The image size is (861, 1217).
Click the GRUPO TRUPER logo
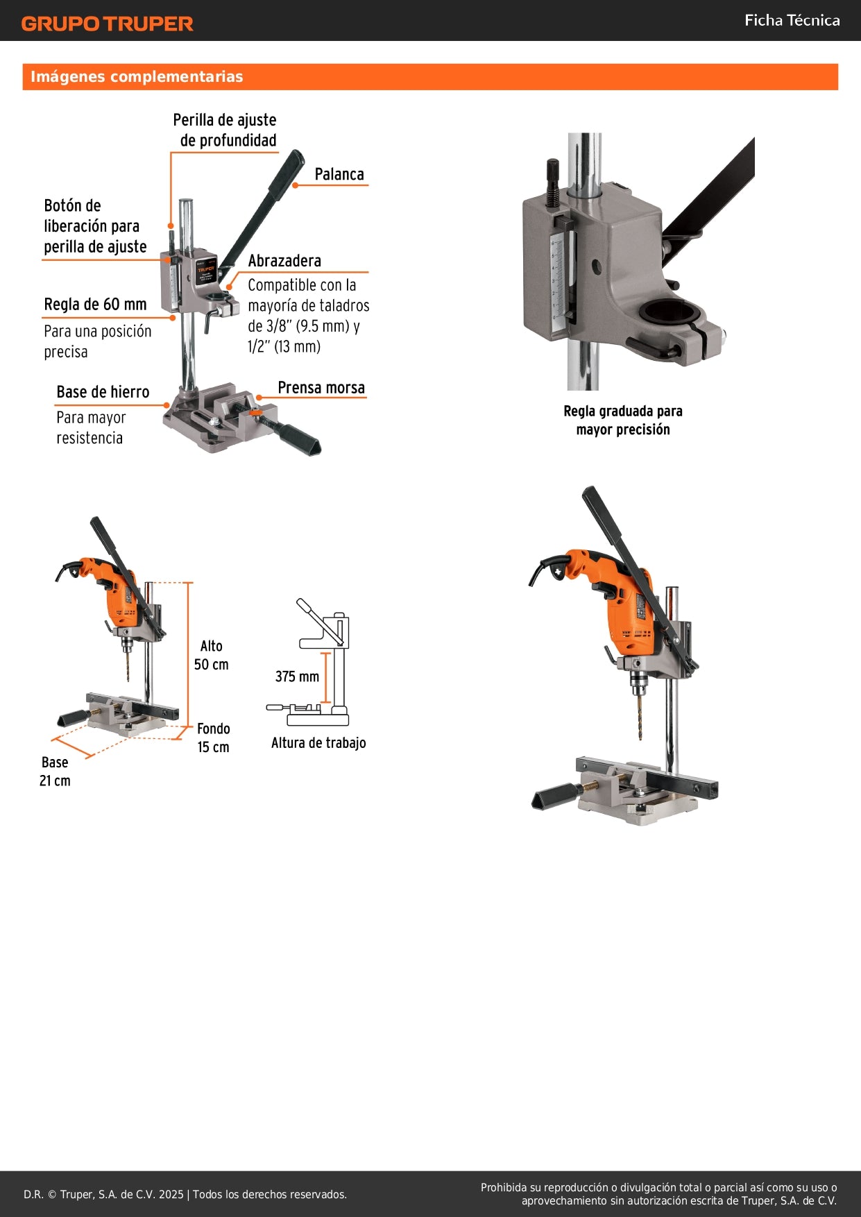pos(107,24)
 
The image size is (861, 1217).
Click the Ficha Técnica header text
pos(792,20)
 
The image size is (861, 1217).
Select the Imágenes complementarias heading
pos(137,76)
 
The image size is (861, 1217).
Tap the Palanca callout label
pos(339,174)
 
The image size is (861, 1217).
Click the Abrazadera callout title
pos(284,261)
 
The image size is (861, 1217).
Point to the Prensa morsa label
pos(321,388)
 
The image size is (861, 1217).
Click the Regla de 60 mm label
pos(95,305)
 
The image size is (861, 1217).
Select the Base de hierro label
pos(103,392)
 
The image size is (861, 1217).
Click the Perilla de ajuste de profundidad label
pos(225,130)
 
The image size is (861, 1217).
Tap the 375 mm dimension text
pos(297,676)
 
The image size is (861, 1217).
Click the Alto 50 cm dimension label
pos(211,655)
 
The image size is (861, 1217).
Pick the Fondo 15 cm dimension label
pos(213,738)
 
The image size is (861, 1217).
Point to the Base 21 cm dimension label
pos(55,771)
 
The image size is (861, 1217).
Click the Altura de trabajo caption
pos(318,743)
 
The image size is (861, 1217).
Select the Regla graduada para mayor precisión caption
pos(622,420)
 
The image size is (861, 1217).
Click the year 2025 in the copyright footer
pos(171,1194)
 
